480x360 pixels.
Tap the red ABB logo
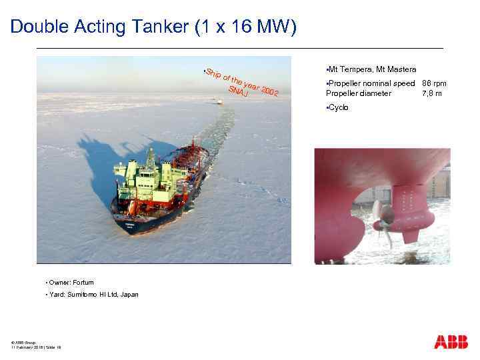coord(451,342)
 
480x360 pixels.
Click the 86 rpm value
coord(434,83)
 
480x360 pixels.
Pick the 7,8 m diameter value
coord(433,93)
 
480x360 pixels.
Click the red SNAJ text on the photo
coord(237,94)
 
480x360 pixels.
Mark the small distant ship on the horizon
coord(219,101)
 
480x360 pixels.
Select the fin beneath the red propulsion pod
coord(409,234)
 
